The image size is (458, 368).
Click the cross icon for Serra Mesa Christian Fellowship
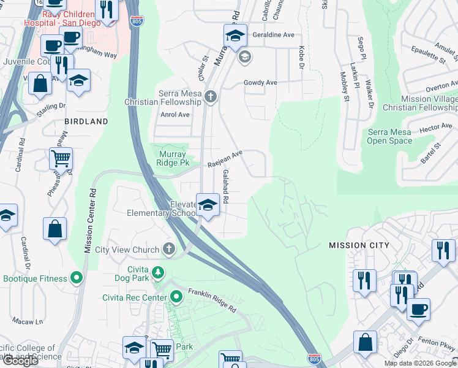(x=211, y=97)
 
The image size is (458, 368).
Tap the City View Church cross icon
(x=169, y=250)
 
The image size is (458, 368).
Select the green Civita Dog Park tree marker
(x=158, y=272)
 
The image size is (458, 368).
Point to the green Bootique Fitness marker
(x=77, y=278)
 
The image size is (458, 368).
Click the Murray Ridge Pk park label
(x=173, y=159)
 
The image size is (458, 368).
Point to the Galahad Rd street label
(x=225, y=187)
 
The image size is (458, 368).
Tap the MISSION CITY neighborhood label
(x=359, y=245)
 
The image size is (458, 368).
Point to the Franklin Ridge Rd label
(x=212, y=301)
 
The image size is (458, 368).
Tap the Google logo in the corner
(x=20, y=361)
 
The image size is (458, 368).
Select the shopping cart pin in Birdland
(x=61, y=159)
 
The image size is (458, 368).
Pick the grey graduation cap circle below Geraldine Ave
(x=245, y=58)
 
